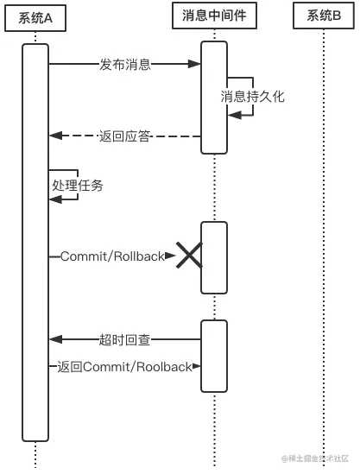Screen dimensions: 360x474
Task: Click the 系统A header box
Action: coord(35,18)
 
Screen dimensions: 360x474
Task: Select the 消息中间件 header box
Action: coord(214,16)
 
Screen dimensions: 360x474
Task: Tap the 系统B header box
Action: coord(324,16)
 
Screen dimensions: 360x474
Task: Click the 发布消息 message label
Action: coord(125,65)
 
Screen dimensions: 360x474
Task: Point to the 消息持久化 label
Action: coord(252,97)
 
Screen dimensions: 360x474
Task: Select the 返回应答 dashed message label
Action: coord(124,136)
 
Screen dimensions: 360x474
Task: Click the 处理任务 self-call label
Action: coord(78,185)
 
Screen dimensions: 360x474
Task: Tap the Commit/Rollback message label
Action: coord(112,256)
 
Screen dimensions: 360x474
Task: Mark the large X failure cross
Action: coord(189,256)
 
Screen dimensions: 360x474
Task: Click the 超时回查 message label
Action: coord(124,340)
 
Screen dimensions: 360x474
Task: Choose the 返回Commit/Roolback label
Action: coord(124,367)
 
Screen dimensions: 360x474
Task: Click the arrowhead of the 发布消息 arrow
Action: coord(194,64)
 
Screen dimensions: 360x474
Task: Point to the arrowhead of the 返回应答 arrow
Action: coord(56,136)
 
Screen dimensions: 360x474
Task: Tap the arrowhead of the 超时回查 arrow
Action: coord(56,339)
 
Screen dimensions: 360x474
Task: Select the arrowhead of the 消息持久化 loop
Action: coord(235,115)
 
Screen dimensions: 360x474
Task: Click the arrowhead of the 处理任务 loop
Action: coord(56,199)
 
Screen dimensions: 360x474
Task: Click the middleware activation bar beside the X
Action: coord(214,257)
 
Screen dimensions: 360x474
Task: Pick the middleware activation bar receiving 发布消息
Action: coord(214,98)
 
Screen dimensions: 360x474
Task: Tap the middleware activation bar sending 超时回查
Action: coord(214,356)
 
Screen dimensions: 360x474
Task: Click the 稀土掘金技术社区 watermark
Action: coord(315,458)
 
